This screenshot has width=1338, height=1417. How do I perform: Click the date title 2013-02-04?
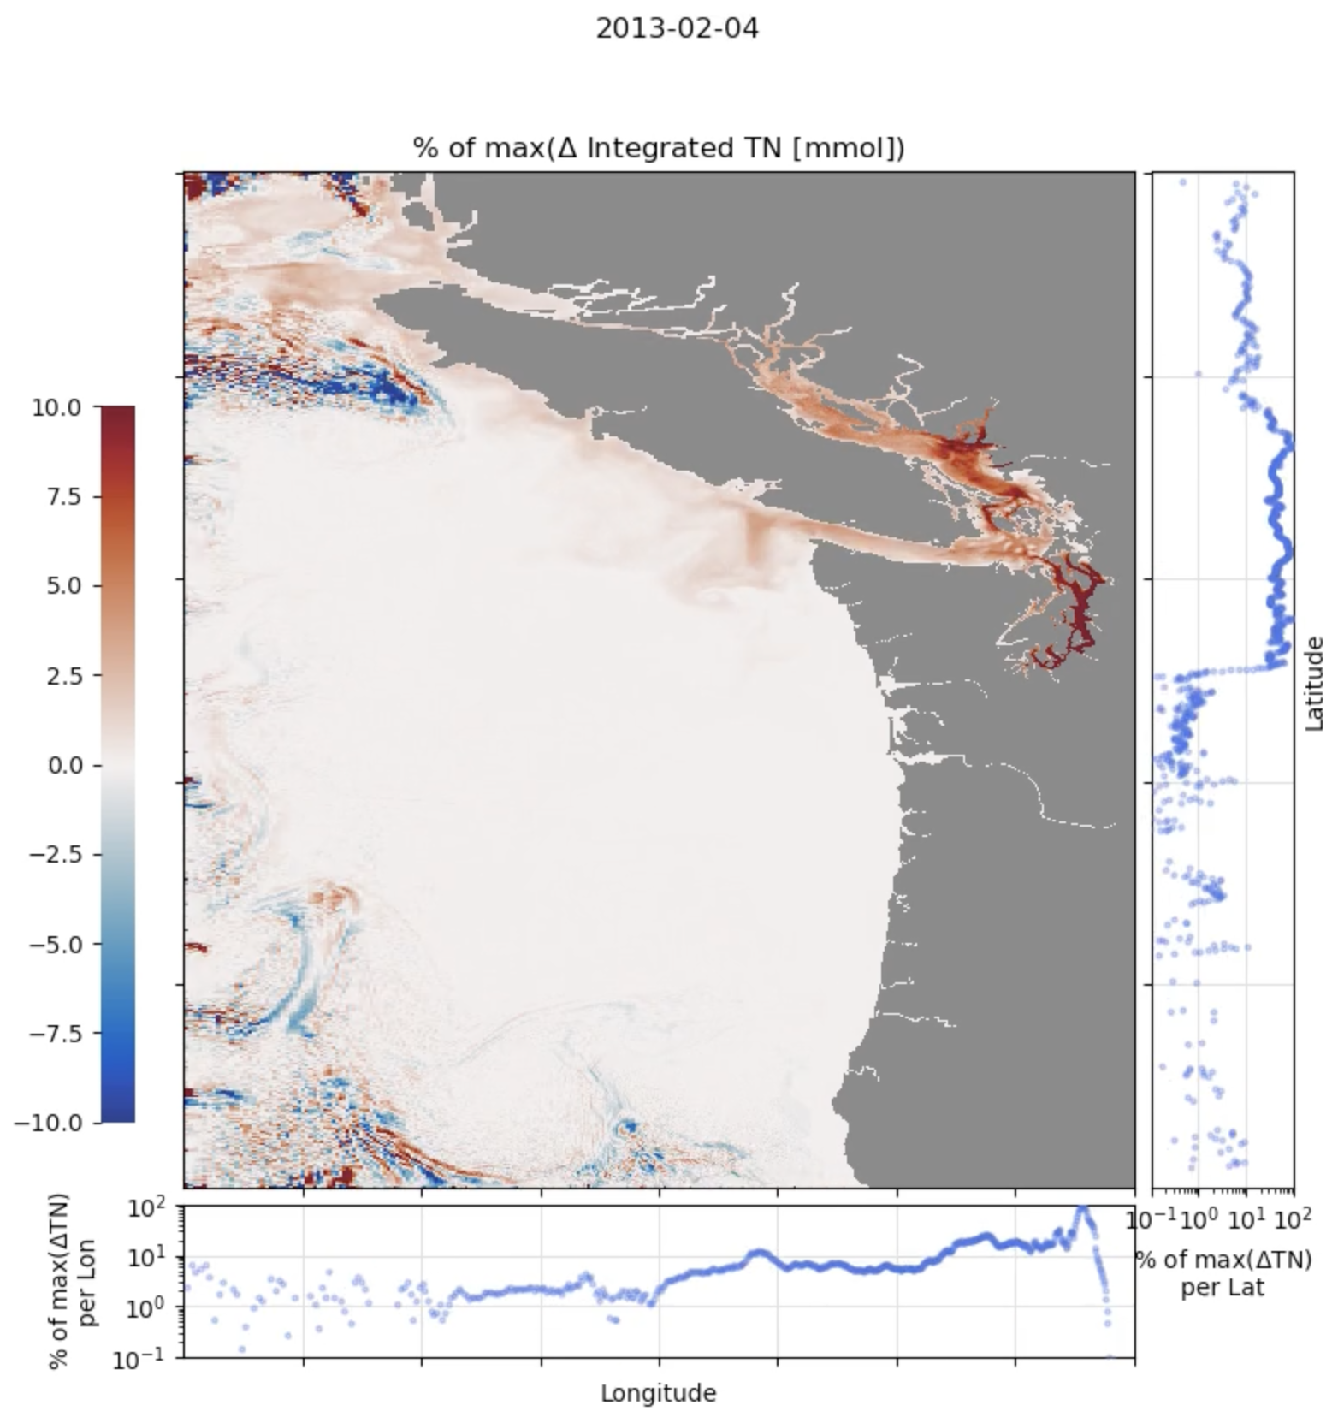pos(676,28)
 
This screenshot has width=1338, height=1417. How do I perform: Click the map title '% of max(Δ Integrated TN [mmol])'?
pos(659,148)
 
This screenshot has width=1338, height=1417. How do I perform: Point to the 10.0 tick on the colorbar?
pos(56,407)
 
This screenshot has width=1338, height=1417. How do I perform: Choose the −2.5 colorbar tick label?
pos(56,855)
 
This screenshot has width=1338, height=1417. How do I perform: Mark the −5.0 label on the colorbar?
pos(56,945)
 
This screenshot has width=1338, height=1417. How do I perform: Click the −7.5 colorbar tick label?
pos(56,1034)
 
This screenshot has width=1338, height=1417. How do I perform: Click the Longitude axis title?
pos(658,1393)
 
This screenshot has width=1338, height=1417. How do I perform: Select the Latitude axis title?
pos(1315,683)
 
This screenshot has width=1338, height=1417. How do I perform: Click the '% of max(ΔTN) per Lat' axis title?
pos(1223,1272)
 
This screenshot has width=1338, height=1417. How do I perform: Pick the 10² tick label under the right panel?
pos(1294,1217)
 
